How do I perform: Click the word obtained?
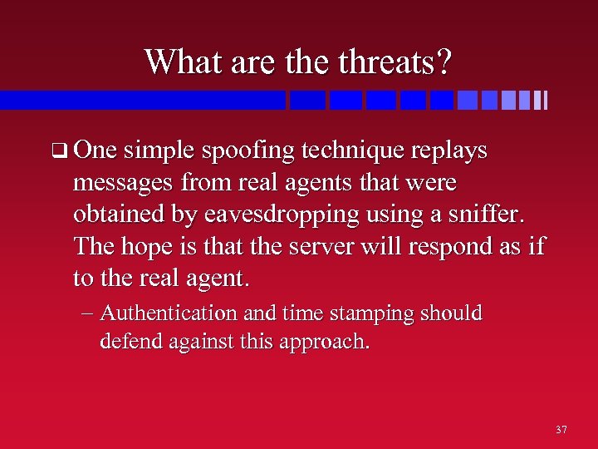pos(114,214)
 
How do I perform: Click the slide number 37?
pos(561,430)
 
